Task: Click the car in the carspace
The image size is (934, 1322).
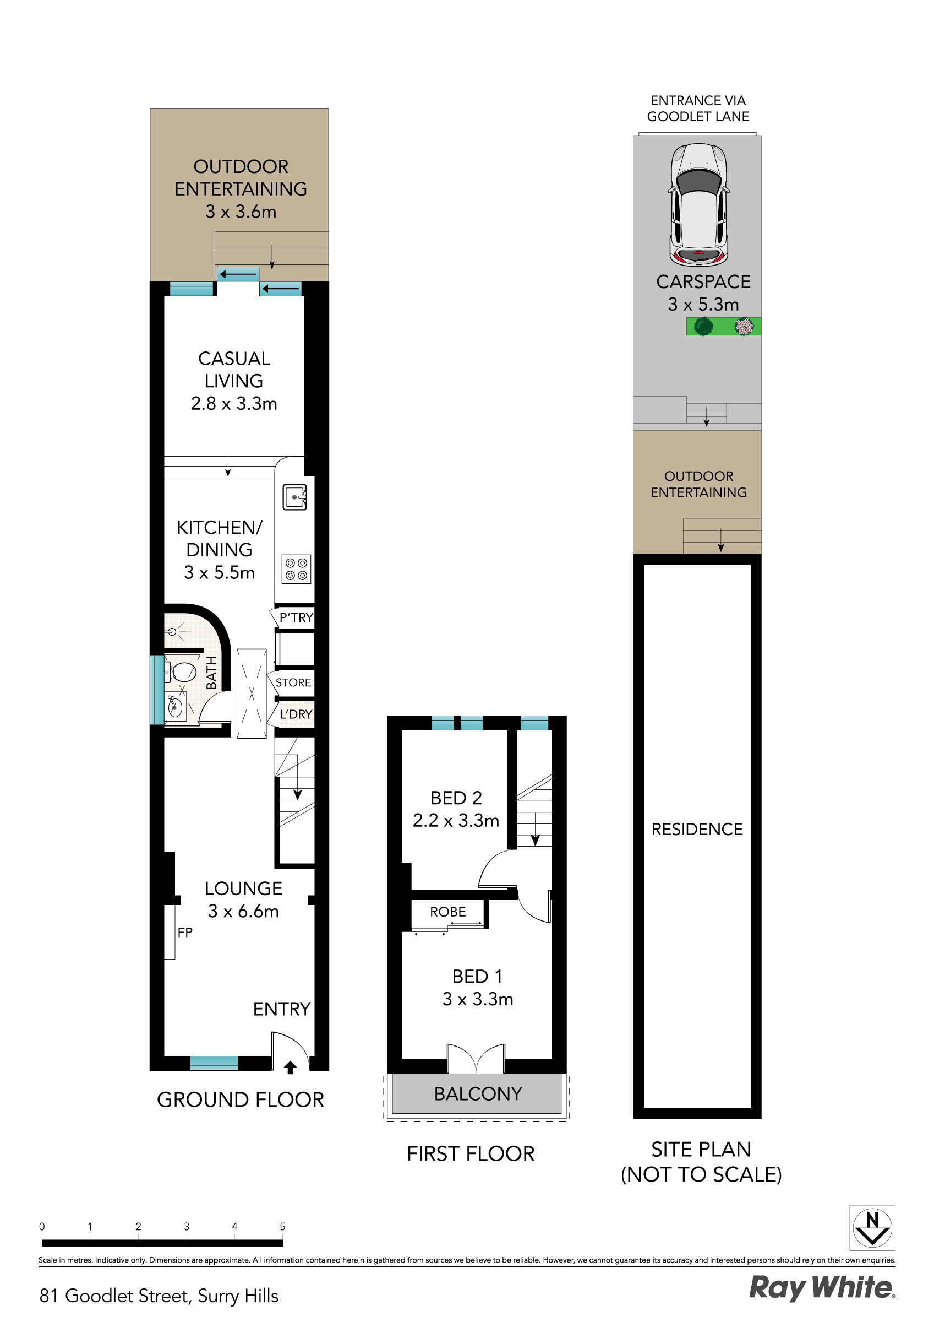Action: point(698,204)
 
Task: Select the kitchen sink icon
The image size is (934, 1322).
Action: point(294,496)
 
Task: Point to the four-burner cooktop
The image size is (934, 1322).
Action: point(296,569)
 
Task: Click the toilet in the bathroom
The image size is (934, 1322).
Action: point(182,671)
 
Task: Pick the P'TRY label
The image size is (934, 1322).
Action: point(296,618)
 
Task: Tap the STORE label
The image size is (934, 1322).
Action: point(293,682)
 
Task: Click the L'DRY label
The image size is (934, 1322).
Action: point(296,714)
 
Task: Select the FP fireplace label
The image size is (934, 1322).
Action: point(185,932)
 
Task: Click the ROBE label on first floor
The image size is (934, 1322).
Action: point(447,912)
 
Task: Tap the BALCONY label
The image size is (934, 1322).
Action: point(478,1093)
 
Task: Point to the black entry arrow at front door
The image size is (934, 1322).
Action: point(290,1068)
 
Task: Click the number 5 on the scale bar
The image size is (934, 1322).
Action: point(282,1226)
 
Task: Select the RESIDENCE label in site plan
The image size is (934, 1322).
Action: point(697,829)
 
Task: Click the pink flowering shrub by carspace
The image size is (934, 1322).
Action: point(744,327)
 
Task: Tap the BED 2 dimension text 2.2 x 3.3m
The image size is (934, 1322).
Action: point(456,821)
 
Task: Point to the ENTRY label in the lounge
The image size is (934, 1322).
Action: point(281,1009)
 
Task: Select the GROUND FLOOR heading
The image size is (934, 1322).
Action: point(241,1100)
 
